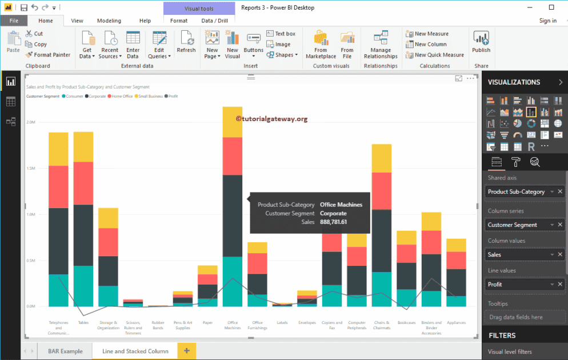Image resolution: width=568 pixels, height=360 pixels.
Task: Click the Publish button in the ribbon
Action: pos(481,43)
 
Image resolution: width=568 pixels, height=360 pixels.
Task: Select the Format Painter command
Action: pos(48,55)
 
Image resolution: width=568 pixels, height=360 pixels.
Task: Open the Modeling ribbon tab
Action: pos(109,21)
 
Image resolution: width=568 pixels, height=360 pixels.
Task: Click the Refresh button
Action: pos(186,43)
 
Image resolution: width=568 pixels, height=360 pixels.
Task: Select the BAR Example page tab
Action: pos(61,351)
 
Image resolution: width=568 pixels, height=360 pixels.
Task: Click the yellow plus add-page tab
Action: pos(186,350)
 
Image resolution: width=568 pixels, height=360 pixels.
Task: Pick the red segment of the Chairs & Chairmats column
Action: pos(381,191)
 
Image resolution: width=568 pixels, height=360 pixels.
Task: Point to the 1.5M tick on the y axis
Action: pos(31,169)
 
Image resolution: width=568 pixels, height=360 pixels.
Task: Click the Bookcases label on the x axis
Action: pos(406,322)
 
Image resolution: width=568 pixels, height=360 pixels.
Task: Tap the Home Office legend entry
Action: pos(121,96)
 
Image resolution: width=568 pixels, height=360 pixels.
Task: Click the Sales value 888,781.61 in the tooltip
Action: pos(333,222)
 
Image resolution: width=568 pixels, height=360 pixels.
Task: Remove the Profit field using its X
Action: pos(560,284)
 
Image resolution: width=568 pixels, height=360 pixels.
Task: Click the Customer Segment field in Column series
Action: pos(513,225)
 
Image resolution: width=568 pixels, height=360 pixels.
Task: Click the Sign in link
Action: pos(547,21)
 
